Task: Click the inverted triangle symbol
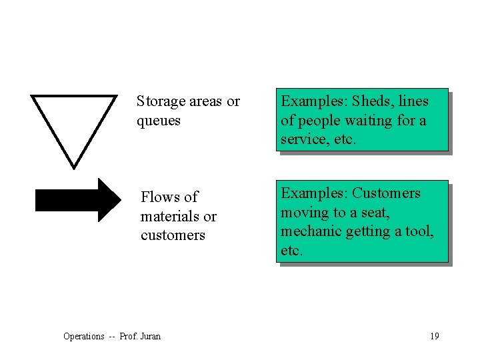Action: coord(73,124)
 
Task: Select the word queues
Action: coord(159,121)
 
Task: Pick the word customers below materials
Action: coord(173,235)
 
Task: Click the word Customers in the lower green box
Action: coord(386,193)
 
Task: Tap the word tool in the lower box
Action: coord(420,231)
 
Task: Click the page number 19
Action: coord(434,336)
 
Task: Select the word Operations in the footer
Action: coord(83,337)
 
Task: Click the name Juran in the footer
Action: coord(150,337)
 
